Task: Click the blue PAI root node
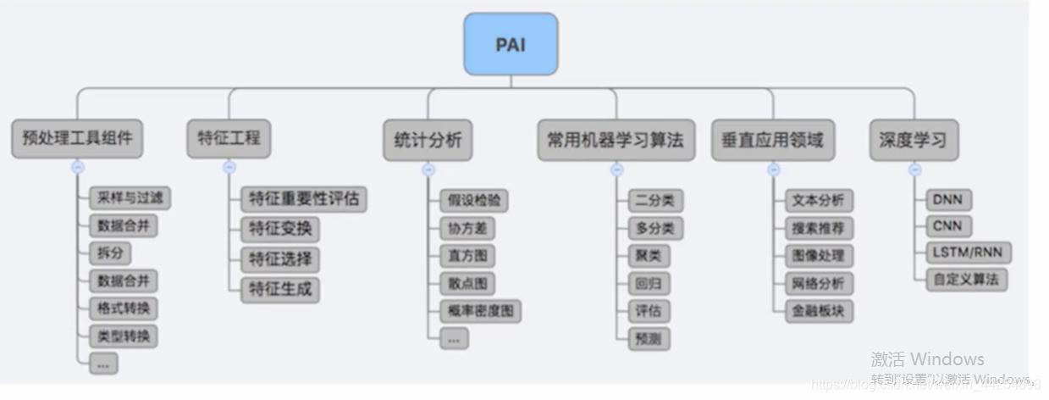click(x=511, y=44)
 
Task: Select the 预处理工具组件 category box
click(x=78, y=138)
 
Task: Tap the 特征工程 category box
click(x=229, y=138)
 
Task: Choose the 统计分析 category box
click(x=428, y=140)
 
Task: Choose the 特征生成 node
click(x=280, y=289)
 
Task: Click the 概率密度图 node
click(x=480, y=311)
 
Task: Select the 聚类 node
click(x=648, y=256)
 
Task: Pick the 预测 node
click(x=649, y=339)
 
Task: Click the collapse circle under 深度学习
click(x=914, y=169)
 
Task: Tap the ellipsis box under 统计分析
click(x=454, y=339)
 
